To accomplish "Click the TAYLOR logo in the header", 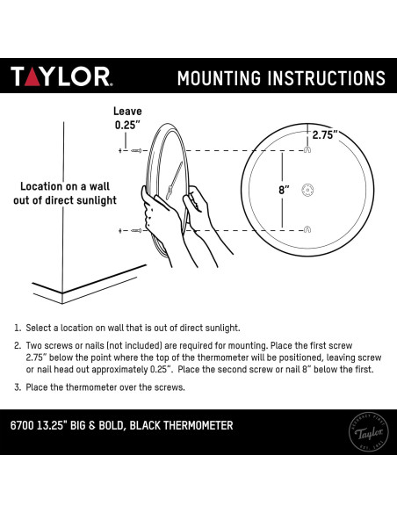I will point(61,76).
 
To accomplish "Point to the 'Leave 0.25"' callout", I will point(127,118).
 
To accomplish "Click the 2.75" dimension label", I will point(325,134).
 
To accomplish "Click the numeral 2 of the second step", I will point(18,346).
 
